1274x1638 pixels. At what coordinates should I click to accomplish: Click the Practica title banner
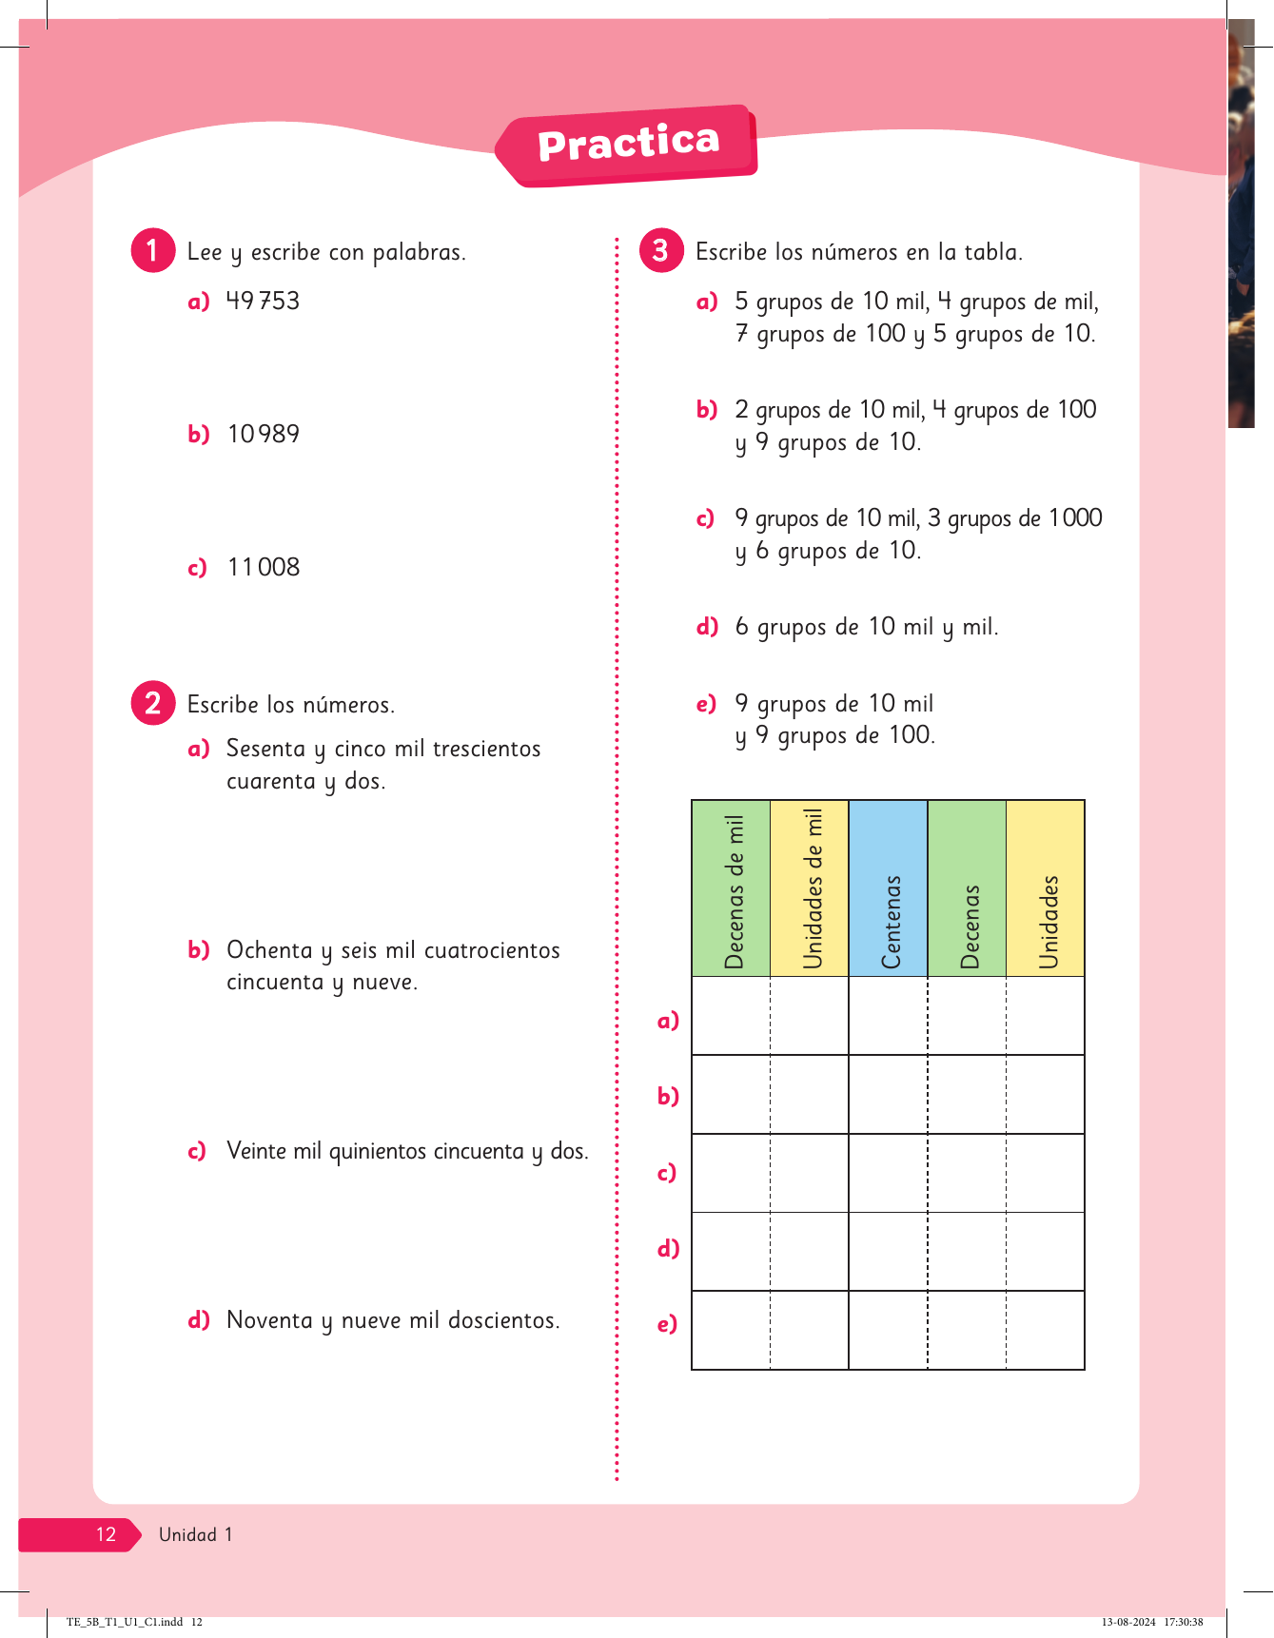coord(628,145)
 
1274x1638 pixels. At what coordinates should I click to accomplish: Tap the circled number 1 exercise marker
coord(152,251)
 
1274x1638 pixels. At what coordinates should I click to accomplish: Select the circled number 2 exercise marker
coord(152,704)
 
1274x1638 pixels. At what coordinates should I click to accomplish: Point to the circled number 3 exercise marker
coord(661,251)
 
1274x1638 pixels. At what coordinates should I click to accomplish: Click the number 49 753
coord(263,302)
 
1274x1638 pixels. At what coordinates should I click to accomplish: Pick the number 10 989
coord(264,435)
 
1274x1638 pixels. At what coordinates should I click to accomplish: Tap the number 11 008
coord(264,568)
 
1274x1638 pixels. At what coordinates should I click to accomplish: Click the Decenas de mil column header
coord(732,888)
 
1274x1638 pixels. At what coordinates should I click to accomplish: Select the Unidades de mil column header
coord(810,888)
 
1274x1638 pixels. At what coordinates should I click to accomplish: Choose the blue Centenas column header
coord(889,888)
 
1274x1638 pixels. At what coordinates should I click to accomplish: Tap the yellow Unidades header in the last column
coord(1046,888)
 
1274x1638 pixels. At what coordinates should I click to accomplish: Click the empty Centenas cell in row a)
coord(889,1016)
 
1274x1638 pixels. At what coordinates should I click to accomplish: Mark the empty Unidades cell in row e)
coord(1046,1330)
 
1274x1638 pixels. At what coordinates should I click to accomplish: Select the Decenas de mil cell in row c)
coord(732,1173)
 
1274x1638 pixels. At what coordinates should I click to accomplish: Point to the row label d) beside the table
coord(668,1248)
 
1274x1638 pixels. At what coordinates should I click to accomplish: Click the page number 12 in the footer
coord(106,1534)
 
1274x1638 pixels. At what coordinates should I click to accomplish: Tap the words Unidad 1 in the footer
coord(195,1534)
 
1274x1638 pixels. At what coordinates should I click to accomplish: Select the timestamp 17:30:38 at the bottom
coord(1184,1622)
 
